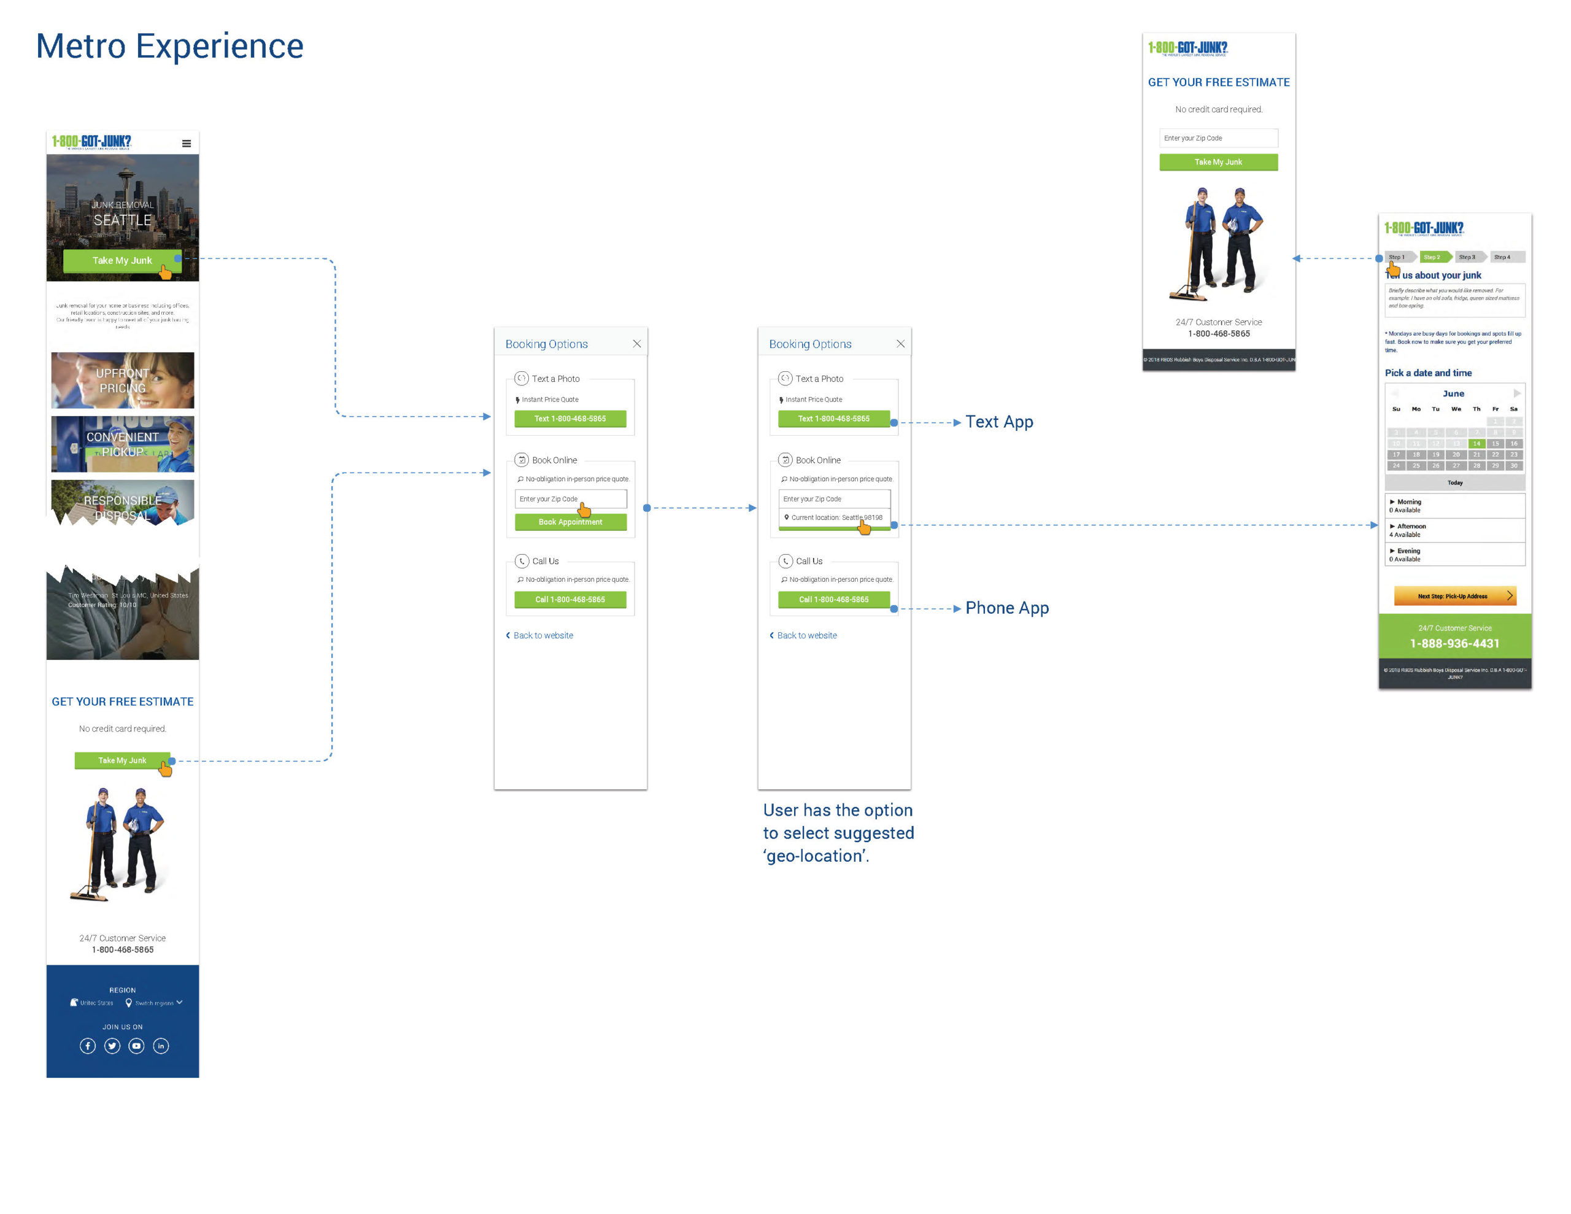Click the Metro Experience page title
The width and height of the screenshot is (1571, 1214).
[170, 46]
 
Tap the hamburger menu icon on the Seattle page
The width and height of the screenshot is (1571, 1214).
[187, 143]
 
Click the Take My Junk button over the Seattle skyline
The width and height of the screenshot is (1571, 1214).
[122, 260]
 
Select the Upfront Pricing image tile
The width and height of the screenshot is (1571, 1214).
[122, 380]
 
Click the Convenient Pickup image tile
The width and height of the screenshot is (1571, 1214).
[122, 444]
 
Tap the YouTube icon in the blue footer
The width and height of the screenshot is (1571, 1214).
[136, 1046]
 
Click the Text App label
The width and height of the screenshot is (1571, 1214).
[998, 422]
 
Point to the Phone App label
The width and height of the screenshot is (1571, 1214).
[1006, 608]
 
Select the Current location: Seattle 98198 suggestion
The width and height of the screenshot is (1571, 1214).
[835, 517]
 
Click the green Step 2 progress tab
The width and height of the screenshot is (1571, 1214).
[1434, 257]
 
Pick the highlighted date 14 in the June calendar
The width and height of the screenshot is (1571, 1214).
[1476, 443]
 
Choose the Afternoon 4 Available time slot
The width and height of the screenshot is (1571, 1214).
[1454, 530]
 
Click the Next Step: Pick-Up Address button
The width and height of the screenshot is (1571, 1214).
[1454, 596]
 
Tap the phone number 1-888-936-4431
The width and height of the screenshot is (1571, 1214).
[1454, 643]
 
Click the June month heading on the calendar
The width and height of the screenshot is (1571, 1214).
[1453, 393]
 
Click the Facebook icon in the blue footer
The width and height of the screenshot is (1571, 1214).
[87, 1046]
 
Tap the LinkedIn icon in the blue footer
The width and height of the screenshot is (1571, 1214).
[161, 1046]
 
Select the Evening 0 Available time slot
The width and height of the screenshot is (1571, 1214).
[1454, 555]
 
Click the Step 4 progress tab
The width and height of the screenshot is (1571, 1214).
[1503, 257]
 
